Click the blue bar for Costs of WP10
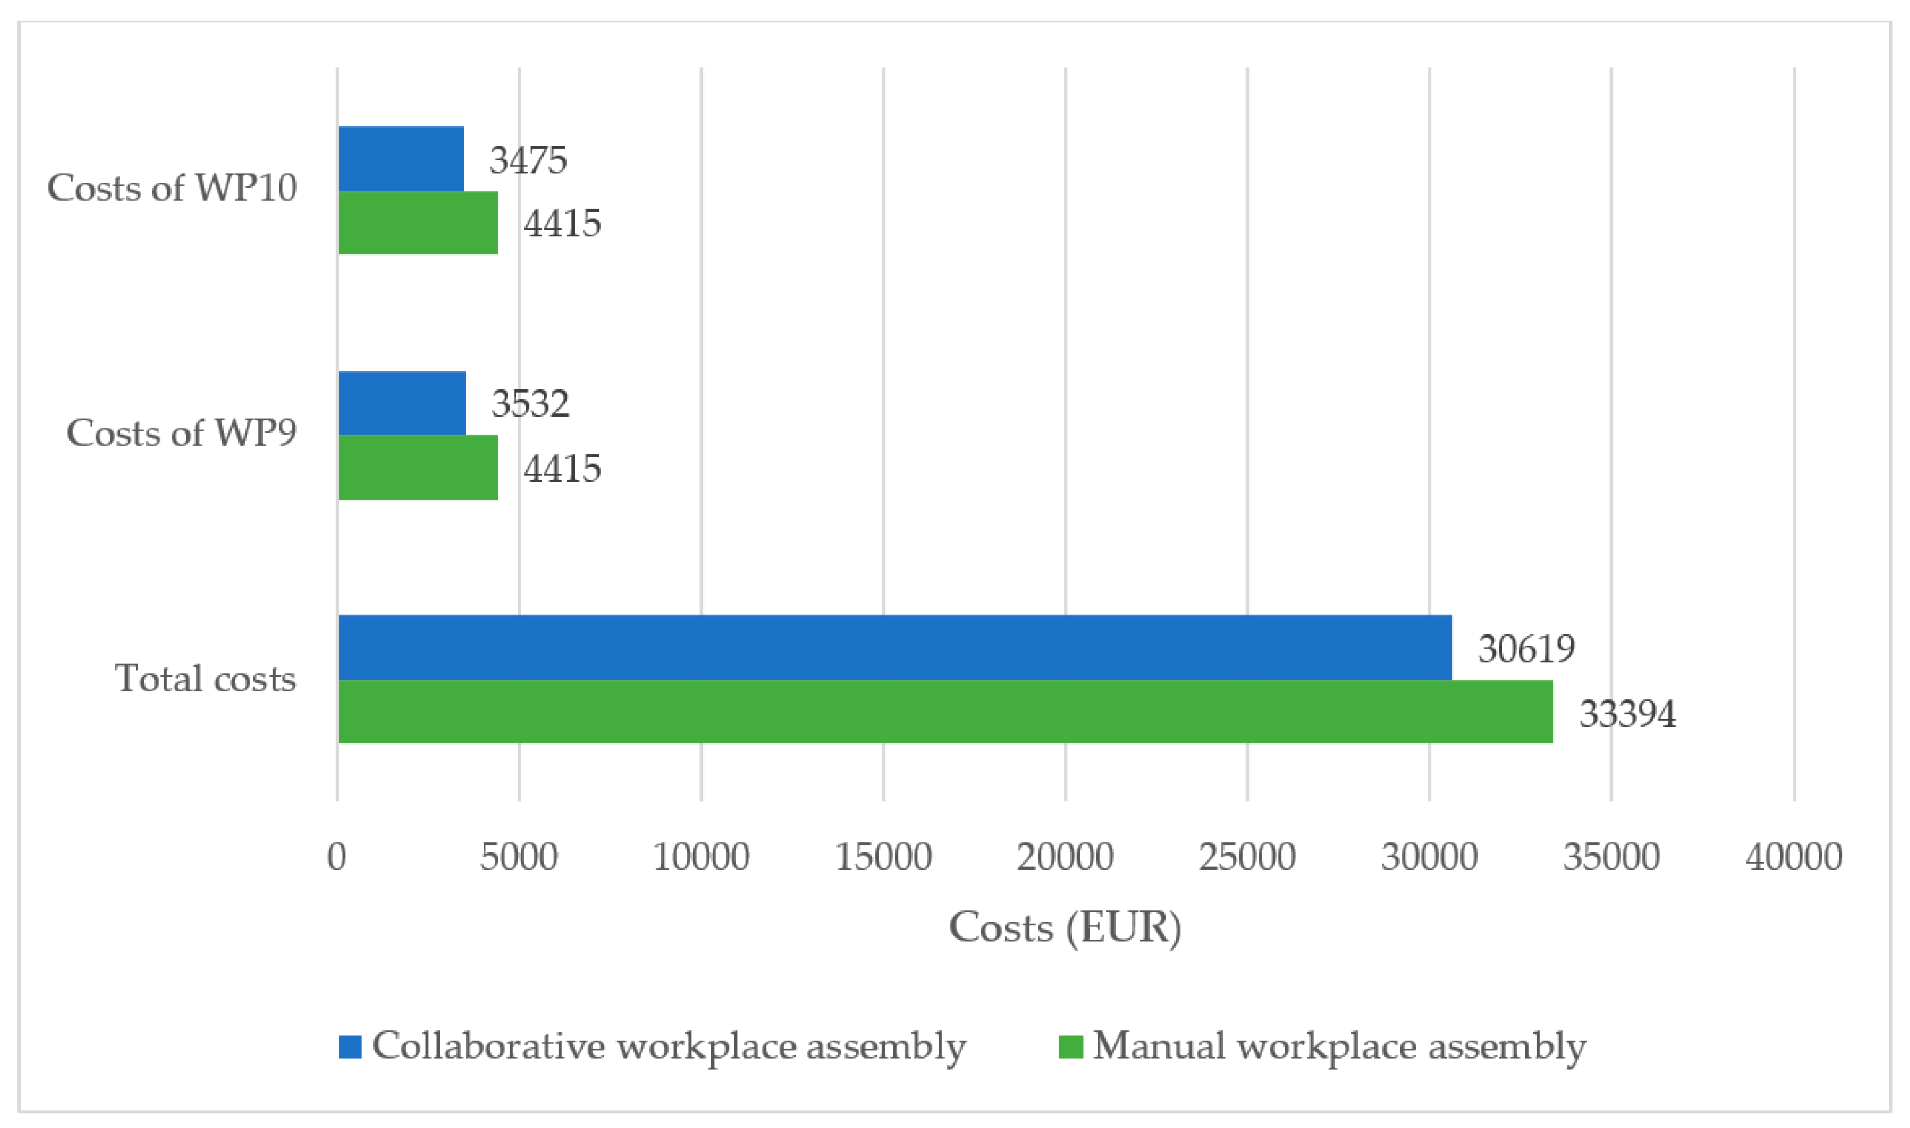[x=401, y=158]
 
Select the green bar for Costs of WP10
[x=418, y=222]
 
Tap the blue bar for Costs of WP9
[x=402, y=403]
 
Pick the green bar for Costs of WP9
[x=418, y=467]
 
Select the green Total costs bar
[x=945, y=711]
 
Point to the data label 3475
[x=528, y=160]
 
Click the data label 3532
[x=530, y=403]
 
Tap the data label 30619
[x=1526, y=649]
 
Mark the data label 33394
[x=1627, y=714]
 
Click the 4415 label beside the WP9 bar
[x=562, y=468]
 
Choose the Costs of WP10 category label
[x=172, y=188]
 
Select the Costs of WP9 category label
[x=181, y=433]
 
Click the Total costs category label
[x=204, y=679]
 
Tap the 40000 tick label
[x=1793, y=858]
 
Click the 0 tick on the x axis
[x=337, y=858]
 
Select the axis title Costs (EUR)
[x=1064, y=928]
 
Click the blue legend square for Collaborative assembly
[x=350, y=1047]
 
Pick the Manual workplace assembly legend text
[x=1339, y=1047]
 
